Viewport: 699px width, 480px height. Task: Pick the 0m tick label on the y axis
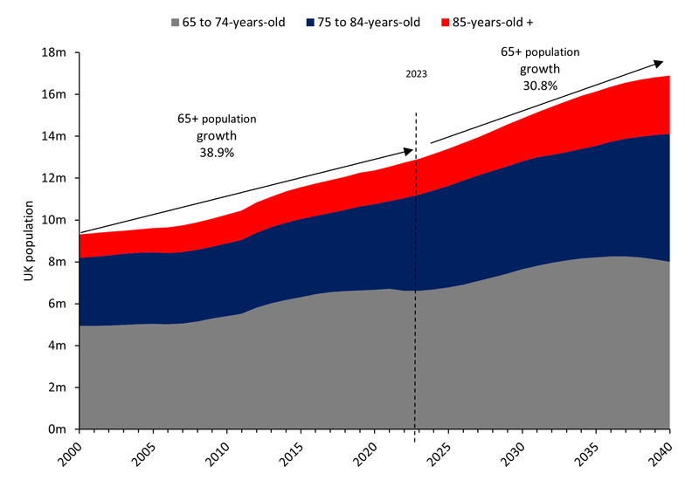pyautogui.click(x=57, y=429)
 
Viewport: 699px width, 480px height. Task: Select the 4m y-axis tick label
pyautogui.click(x=57, y=346)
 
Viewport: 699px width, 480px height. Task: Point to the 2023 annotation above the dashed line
pyautogui.click(x=416, y=75)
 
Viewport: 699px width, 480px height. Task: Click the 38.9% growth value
pyautogui.click(x=217, y=152)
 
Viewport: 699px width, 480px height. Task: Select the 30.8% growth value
pyautogui.click(x=540, y=86)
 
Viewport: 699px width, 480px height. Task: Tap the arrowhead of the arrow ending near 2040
pyautogui.click(x=659, y=63)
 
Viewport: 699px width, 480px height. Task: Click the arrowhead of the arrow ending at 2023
pyautogui.click(x=408, y=149)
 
